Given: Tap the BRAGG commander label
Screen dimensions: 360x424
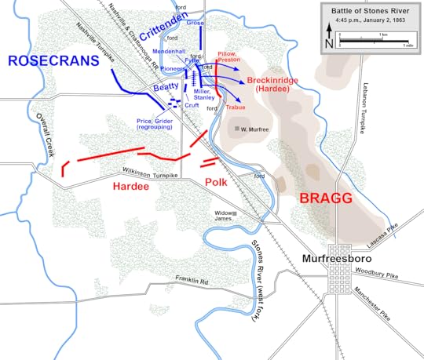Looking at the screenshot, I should pyautogui.click(x=324, y=197).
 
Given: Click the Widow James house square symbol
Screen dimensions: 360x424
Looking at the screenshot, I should pyautogui.click(x=233, y=213).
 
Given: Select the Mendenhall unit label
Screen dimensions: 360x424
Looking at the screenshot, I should pyautogui.click(x=169, y=52).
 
